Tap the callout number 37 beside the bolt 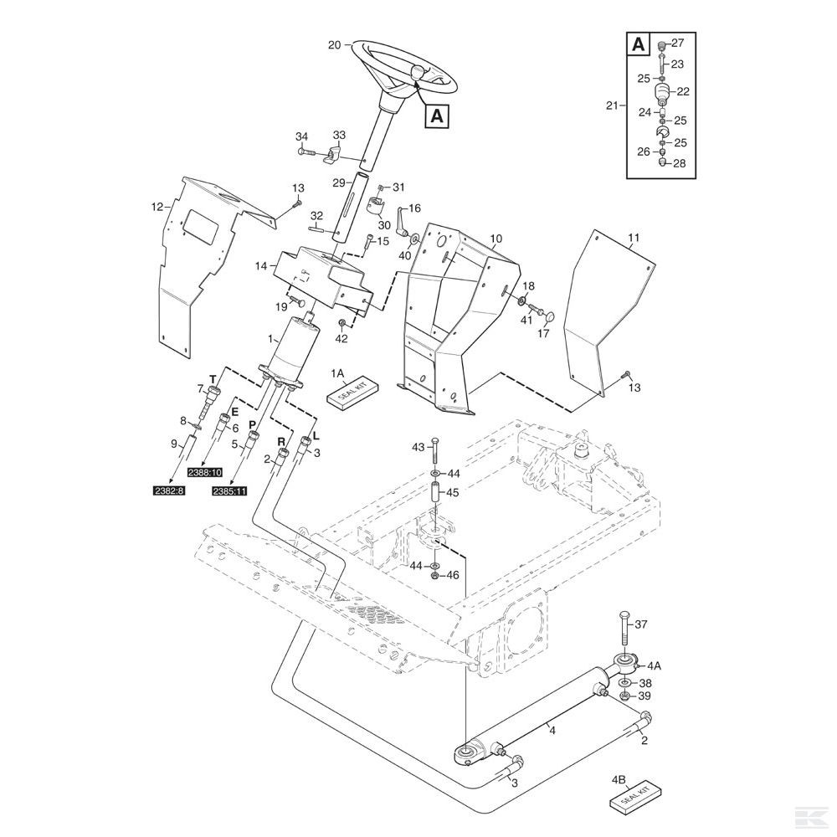click(641, 624)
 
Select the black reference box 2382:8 click(164, 490)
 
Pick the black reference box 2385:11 click(230, 490)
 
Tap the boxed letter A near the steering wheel click(436, 116)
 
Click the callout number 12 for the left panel click(156, 207)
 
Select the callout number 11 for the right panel click(634, 239)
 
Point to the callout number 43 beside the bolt click(418, 449)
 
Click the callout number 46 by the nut click(453, 575)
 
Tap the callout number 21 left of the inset click(612, 105)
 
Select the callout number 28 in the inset click(679, 164)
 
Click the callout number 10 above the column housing click(496, 239)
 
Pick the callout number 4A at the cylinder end click(655, 666)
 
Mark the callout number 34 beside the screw click(301, 136)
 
